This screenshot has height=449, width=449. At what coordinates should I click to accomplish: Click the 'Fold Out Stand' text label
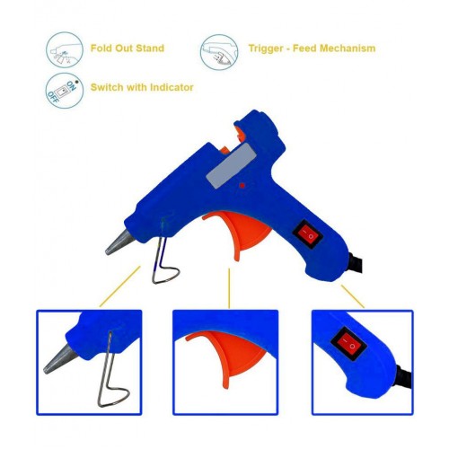click(128, 48)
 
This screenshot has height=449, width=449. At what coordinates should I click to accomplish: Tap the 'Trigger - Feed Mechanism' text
click(312, 48)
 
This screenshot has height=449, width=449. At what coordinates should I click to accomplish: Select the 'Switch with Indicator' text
click(142, 87)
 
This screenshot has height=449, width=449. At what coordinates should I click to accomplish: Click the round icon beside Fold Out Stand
click(65, 50)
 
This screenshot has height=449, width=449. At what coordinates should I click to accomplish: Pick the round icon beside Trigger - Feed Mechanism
click(219, 52)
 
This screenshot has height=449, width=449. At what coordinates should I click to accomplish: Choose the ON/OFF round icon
click(65, 91)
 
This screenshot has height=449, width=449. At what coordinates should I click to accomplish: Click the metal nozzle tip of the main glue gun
click(119, 243)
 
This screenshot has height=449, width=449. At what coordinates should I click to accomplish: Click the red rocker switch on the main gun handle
click(307, 234)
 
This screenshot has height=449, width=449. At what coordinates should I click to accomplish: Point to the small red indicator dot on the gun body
click(242, 186)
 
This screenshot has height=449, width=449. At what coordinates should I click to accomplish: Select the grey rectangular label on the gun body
click(231, 165)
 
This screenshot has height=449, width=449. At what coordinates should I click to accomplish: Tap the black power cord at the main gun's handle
click(356, 263)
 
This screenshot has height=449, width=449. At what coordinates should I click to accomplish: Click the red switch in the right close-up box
click(349, 343)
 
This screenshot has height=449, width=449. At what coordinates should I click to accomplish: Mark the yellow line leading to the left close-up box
click(119, 286)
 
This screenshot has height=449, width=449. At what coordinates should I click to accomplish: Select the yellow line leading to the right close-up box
click(353, 296)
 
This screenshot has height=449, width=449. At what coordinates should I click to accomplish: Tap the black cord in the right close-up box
click(404, 376)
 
